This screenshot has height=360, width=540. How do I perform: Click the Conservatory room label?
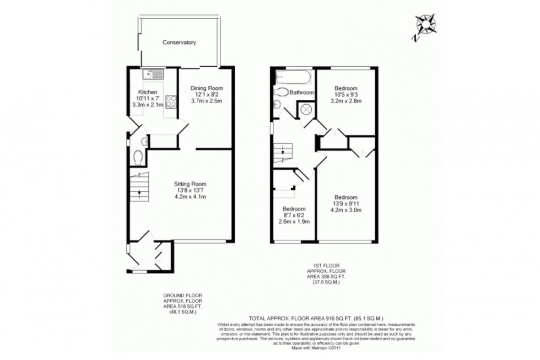179,42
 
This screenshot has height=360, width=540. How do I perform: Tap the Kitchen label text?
148,92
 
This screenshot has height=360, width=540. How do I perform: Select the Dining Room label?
207,88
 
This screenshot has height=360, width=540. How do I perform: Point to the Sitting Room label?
190,184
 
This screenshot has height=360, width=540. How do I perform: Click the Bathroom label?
302,93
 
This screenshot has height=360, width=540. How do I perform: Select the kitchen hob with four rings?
171,101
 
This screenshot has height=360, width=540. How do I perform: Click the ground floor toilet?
138,158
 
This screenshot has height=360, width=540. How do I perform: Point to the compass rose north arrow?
425,25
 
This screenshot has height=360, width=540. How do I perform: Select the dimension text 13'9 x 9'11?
345,203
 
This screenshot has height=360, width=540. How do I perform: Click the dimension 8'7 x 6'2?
294,216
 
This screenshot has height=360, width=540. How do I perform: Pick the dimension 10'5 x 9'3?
345,95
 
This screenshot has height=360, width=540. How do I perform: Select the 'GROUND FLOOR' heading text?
179,296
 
